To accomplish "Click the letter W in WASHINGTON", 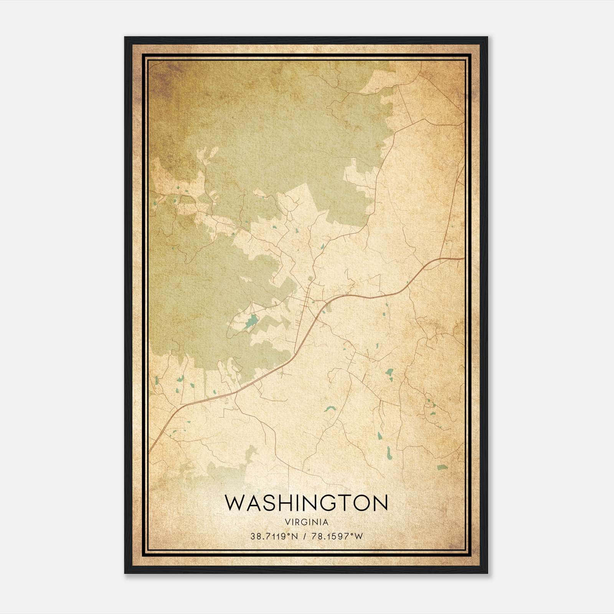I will point(234,503).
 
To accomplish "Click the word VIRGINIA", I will point(307,522).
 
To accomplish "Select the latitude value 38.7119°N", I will point(274,536).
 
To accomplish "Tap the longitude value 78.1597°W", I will point(337,536).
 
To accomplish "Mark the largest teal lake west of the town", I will point(251,321).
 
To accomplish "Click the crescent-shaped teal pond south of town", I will point(329,409).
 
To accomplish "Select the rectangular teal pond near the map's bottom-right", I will point(442,467).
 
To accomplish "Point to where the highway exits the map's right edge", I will point(463,258).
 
